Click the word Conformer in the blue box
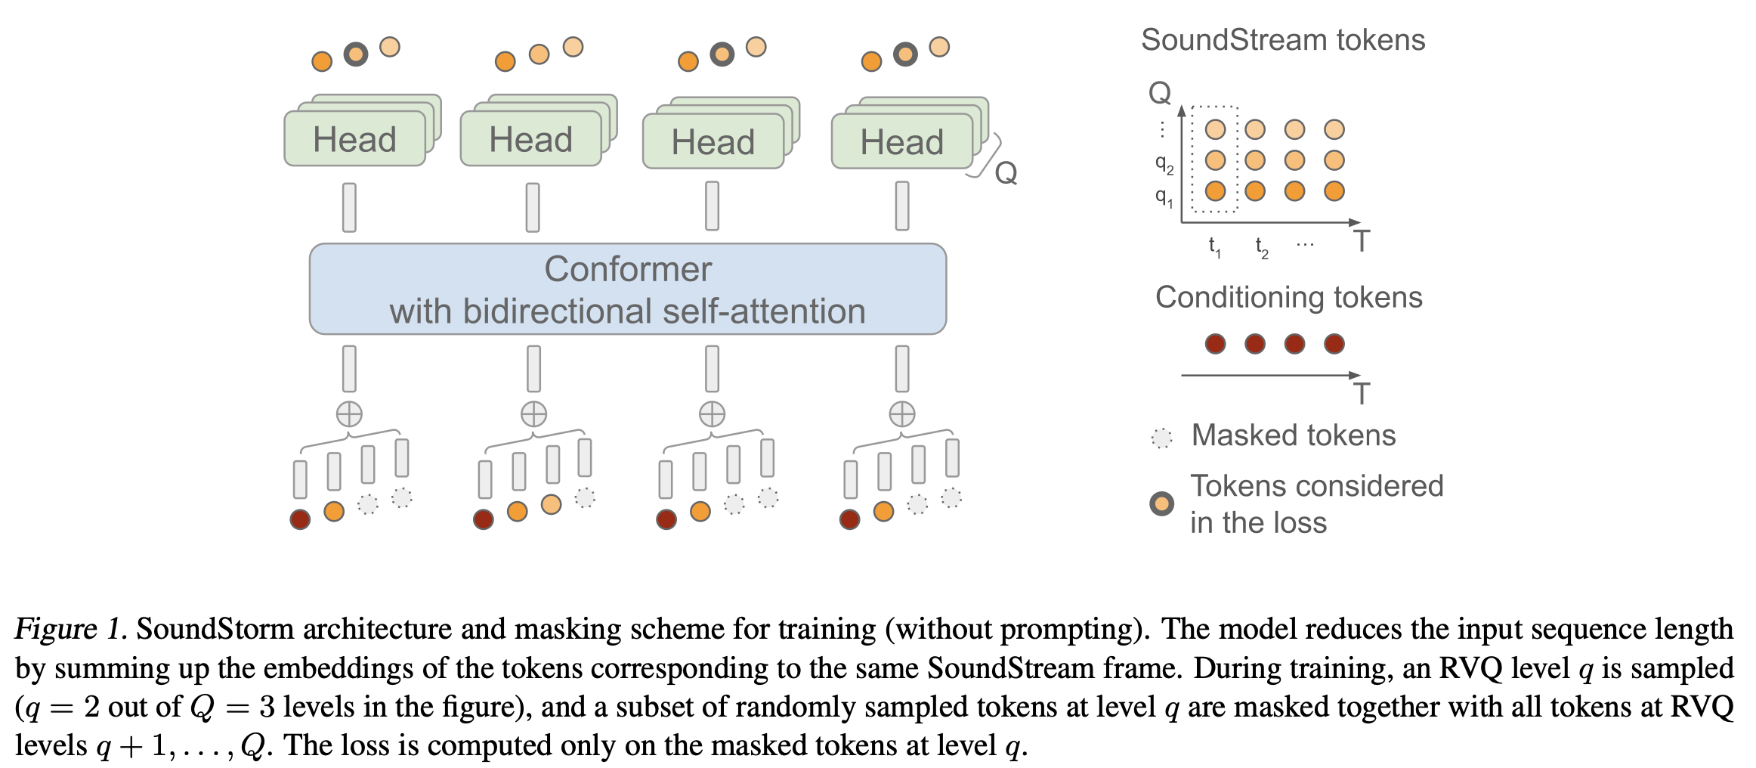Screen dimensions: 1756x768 point(628,269)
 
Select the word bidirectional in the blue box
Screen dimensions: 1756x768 point(550,311)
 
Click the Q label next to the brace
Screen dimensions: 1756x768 point(1006,173)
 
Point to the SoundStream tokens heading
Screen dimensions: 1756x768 point(1283,40)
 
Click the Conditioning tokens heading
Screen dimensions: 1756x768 point(1288,298)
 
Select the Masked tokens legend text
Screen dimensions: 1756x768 point(1294,435)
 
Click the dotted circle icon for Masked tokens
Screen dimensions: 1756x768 point(1161,438)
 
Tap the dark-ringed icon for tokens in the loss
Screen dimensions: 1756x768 point(1161,503)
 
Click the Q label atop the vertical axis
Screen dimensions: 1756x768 point(1160,93)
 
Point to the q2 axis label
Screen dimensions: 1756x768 point(1164,164)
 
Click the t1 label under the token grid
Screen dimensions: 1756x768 point(1215,246)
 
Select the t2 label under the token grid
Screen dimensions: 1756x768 point(1262,246)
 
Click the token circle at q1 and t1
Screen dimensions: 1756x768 point(1215,190)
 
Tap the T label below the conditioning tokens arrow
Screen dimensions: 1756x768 point(1362,394)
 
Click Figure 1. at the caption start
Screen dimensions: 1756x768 point(71,629)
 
